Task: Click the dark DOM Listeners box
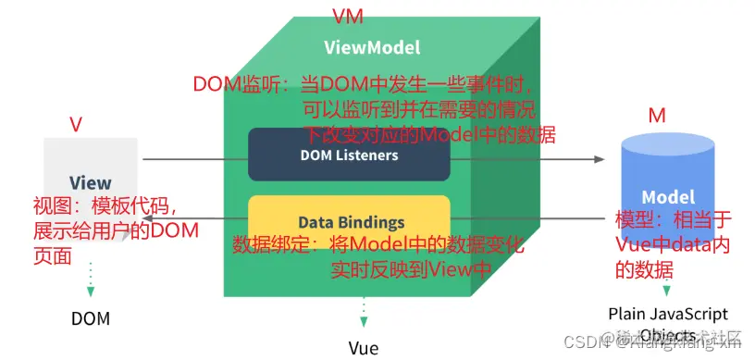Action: tap(350, 155)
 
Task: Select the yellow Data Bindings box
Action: tap(350, 222)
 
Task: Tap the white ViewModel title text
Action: tap(372, 47)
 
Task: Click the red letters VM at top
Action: tap(347, 16)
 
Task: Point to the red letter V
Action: tap(76, 123)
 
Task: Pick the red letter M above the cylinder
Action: tap(657, 116)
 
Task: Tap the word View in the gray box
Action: tap(91, 183)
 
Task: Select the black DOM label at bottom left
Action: tap(91, 319)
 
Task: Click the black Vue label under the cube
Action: tap(364, 348)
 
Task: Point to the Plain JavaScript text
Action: tap(668, 315)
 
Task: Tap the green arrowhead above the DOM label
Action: tap(91, 291)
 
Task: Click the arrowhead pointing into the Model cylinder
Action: tap(598, 159)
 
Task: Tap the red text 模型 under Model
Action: tap(637, 222)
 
